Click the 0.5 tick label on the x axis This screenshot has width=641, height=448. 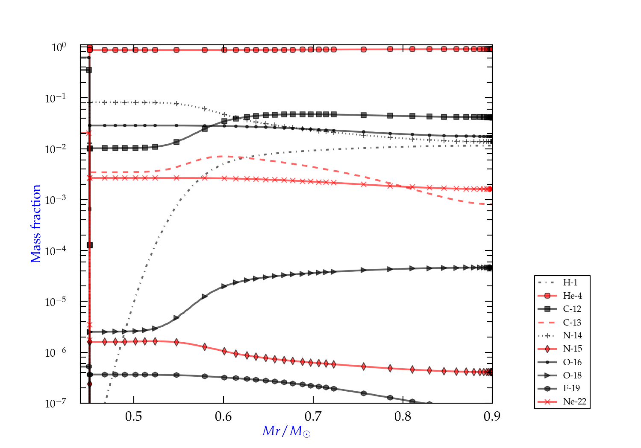tap(134, 416)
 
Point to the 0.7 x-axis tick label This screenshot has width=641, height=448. tap(313, 416)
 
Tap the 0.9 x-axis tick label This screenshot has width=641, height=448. tap(492, 416)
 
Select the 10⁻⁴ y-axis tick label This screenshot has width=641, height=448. tap(56, 250)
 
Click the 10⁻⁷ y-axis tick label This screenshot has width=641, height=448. tap(56, 403)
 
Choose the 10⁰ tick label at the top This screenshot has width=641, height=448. tap(59, 47)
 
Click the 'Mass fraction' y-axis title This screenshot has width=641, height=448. tap(36, 224)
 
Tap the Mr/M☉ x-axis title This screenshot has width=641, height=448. tap(286, 431)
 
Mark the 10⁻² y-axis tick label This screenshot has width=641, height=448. tap(56, 148)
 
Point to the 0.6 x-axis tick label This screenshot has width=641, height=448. tap(223, 416)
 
